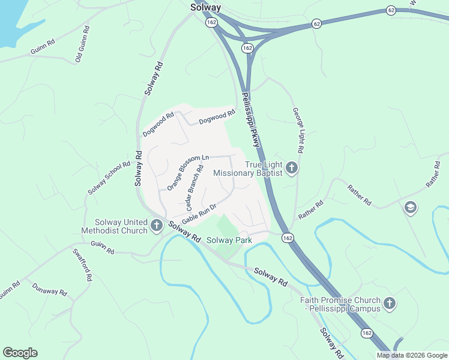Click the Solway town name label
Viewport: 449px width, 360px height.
pos(205,8)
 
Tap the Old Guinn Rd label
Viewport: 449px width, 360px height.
pos(82,44)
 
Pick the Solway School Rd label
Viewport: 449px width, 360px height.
pos(109,178)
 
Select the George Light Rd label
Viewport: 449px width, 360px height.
pos(299,130)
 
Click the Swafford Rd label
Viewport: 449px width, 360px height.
pos(82,265)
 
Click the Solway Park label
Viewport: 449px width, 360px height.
pos(229,241)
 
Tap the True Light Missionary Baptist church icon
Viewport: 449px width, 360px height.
pos(292,167)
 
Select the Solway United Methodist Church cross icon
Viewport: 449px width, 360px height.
pos(157,226)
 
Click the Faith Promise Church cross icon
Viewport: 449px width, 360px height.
pos(390,304)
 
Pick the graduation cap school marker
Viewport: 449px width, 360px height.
pos(411,208)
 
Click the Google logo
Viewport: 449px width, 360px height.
pos(20,353)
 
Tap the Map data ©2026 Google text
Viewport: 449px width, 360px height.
pos(412,355)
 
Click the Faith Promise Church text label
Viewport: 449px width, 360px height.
pos(340,304)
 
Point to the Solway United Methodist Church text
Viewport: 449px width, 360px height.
pos(121,227)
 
